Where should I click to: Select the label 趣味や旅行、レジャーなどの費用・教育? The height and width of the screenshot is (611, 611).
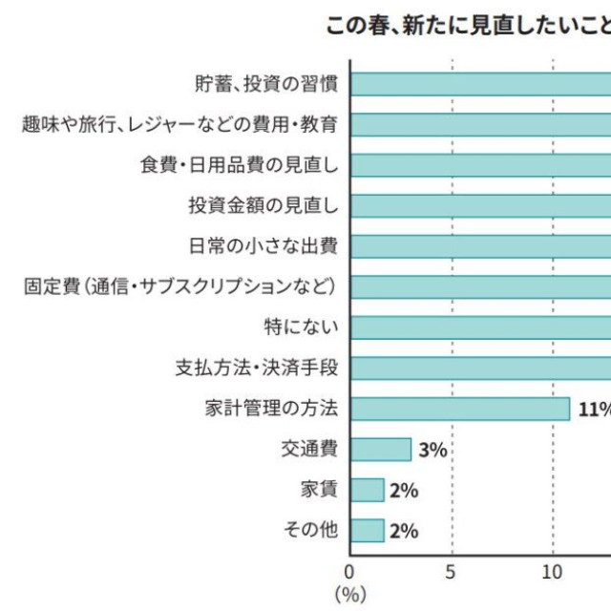[x=179, y=124]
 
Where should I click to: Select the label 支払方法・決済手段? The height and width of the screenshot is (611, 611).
[x=257, y=368]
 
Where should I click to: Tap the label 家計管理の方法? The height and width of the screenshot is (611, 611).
[x=271, y=409]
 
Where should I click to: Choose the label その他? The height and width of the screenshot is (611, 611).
[x=311, y=530]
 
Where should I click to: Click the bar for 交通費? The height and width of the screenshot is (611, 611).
[x=381, y=450]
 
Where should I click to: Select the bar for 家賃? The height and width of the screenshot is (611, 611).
[x=368, y=490]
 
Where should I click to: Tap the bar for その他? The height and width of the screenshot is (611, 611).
[x=368, y=530]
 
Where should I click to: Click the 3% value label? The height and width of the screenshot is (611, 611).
[x=432, y=450]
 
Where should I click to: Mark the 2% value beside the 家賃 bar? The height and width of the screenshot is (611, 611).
[x=404, y=491]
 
